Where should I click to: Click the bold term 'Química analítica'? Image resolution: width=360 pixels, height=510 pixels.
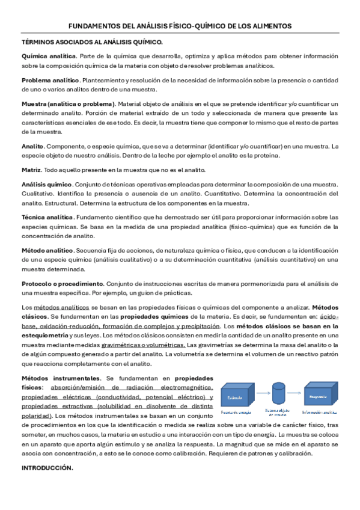[x=49, y=56]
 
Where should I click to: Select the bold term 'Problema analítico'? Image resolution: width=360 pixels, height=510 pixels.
[x=50, y=80]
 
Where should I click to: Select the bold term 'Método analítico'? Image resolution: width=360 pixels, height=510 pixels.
[x=47, y=250]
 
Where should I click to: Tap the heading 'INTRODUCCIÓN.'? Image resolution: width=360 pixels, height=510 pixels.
[x=47, y=468]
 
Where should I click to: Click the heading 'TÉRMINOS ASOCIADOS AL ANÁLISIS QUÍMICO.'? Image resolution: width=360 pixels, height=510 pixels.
[x=92, y=41]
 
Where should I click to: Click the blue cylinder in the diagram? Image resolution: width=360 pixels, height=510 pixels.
[x=277, y=394]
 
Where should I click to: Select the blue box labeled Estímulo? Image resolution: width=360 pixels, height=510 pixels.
[x=237, y=398]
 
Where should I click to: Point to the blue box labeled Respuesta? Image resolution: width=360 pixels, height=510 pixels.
[x=317, y=398]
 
